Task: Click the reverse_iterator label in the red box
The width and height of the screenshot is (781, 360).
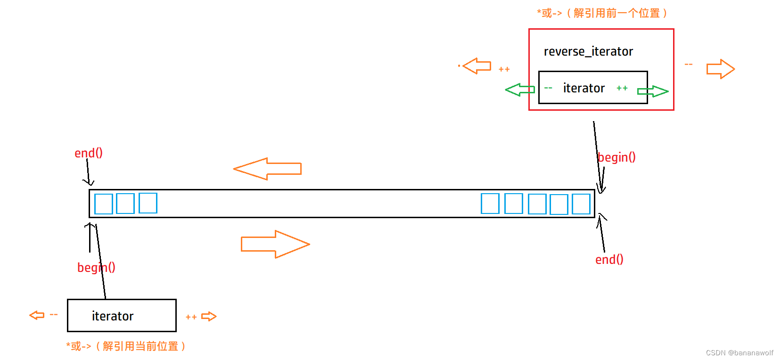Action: (x=588, y=51)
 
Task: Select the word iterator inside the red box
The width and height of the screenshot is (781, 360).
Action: (x=584, y=88)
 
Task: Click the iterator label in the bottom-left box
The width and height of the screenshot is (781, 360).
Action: (x=113, y=316)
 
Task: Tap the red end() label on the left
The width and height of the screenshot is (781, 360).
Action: (x=89, y=153)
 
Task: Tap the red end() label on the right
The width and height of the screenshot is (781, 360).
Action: (x=609, y=260)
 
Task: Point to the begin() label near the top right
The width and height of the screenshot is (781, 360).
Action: (x=617, y=157)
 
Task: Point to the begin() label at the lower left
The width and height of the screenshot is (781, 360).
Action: (x=96, y=268)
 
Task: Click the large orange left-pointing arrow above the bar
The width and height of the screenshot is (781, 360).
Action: (x=267, y=169)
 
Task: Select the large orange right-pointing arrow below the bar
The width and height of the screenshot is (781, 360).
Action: (x=275, y=244)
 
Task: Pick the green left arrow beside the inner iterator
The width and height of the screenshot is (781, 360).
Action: (x=519, y=90)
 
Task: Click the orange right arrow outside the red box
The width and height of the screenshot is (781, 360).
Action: (x=720, y=69)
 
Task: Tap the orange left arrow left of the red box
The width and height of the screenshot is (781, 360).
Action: (x=477, y=66)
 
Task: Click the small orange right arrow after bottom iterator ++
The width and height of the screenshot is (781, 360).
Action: (x=209, y=317)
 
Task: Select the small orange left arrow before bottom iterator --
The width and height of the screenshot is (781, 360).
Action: (x=37, y=315)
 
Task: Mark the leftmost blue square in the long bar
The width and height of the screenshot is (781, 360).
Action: (x=104, y=204)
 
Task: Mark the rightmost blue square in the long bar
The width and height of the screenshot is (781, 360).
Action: (x=581, y=204)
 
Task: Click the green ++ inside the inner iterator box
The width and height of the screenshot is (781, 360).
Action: (x=622, y=88)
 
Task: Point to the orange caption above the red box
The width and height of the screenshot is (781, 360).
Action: (x=602, y=13)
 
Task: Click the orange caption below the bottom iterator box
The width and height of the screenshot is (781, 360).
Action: (x=126, y=346)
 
